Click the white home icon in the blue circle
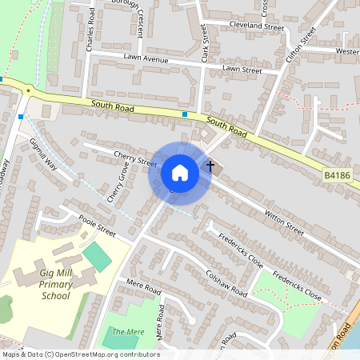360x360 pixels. point(179,173)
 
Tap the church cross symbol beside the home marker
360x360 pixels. point(210,166)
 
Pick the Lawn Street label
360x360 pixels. point(242,70)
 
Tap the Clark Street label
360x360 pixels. point(206,43)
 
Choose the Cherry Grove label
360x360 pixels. point(118,184)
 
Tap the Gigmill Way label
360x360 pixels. point(44,154)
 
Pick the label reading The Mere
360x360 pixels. point(128,331)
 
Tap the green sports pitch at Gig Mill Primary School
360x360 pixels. point(97,257)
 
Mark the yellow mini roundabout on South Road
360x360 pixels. point(27,90)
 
